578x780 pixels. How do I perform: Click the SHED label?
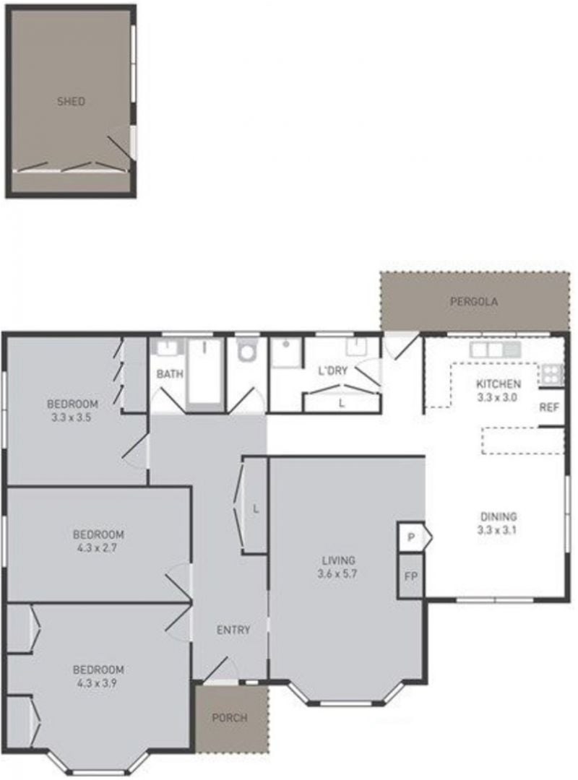[x=72, y=102]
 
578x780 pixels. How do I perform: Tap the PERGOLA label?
[x=473, y=301]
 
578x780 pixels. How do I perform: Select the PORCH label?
[x=230, y=718]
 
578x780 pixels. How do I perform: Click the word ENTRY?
[x=233, y=630]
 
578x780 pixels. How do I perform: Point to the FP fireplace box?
[x=410, y=576]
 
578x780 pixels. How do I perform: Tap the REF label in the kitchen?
[x=549, y=407]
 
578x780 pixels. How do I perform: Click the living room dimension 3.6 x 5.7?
[x=337, y=573]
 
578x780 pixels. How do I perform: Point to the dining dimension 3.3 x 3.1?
[x=497, y=530]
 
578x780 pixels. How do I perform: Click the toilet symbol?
[x=246, y=351]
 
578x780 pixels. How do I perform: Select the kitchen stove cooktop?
[x=552, y=375]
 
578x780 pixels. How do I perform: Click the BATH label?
[x=170, y=373]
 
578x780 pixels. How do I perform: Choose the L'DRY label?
[x=332, y=370]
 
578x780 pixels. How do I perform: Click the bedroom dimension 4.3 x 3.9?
[x=97, y=683]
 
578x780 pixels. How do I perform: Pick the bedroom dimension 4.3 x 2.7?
[x=97, y=548]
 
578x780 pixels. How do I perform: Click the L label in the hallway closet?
[x=256, y=509]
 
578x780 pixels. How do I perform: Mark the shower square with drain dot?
[x=286, y=353]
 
